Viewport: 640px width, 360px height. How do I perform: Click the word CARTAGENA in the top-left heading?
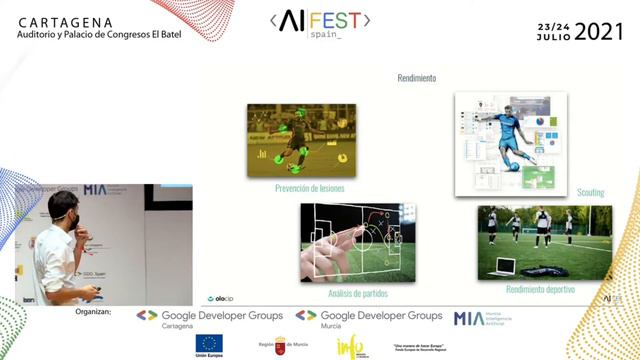[x=66, y=21]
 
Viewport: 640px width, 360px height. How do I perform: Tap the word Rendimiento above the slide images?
[x=416, y=78]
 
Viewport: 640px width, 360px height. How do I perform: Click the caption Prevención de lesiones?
[x=309, y=187]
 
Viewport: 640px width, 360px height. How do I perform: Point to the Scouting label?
[x=590, y=192]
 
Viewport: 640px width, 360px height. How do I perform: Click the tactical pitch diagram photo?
[x=357, y=243]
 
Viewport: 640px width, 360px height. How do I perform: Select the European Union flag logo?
[x=209, y=344]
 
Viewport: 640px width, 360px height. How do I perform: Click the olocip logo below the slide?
[x=220, y=298]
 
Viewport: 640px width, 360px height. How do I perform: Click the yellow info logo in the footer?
[x=350, y=345]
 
